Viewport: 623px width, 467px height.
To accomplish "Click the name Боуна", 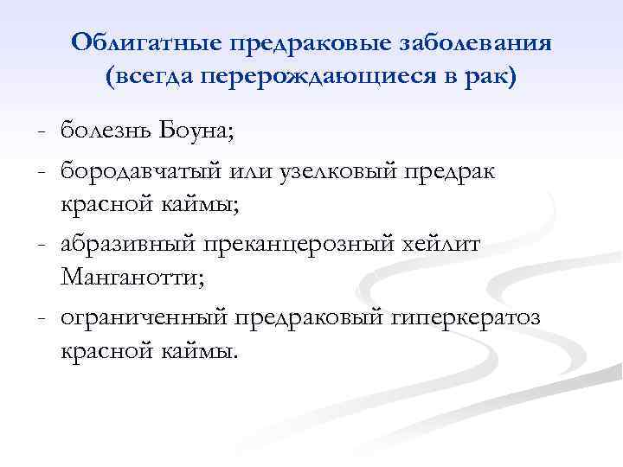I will coord(203,131).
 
